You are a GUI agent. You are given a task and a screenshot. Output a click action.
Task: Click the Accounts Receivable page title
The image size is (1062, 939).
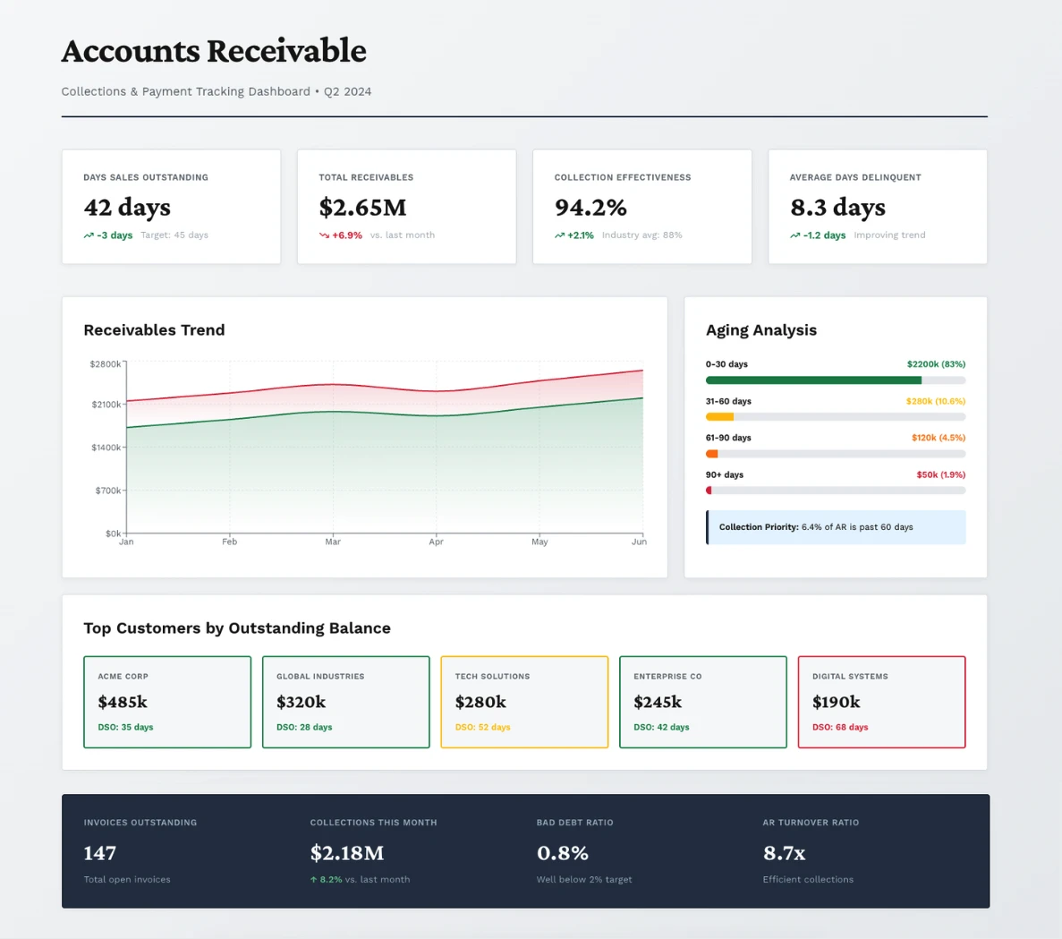coord(214,51)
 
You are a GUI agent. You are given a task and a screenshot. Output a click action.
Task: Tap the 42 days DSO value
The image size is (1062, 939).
coord(127,208)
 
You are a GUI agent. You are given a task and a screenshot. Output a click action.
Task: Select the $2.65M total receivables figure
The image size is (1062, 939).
coord(362,208)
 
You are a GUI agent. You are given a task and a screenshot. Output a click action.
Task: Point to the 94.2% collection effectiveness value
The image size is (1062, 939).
coord(590,208)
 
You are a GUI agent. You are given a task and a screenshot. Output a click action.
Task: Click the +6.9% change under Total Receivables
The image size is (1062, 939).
coord(346,235)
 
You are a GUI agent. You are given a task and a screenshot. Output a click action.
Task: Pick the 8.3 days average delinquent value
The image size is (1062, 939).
coord(837,208)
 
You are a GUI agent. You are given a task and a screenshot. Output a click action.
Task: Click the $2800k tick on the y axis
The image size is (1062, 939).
coord(105,364)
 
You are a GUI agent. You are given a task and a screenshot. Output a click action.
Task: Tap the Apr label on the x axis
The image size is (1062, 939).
coord(436,542)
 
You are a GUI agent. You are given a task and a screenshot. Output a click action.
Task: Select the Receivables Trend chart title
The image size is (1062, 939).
coord(154,330)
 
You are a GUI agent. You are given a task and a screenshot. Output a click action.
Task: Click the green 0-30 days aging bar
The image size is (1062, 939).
coord(813,380)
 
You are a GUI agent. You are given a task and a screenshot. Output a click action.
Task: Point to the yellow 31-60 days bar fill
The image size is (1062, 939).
coord(719,417)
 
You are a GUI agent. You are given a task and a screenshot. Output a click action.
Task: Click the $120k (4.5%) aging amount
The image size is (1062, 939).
coord(938,438)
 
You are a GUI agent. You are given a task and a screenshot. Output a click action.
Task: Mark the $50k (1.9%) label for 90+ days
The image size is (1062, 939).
coord(940,475)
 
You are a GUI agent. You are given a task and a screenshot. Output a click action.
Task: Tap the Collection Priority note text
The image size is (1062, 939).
coord(816,527)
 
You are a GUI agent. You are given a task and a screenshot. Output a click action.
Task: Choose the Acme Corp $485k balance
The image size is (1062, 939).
coord(123,702)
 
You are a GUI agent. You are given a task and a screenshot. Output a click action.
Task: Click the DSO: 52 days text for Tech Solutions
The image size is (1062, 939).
coord(482,728)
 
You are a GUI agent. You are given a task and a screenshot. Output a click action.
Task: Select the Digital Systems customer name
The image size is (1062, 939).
coord(850,677)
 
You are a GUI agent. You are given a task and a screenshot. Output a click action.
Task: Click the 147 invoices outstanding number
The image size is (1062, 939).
coord(100,853)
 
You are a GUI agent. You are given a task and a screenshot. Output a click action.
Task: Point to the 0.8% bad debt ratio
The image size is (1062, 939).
coord(562,853)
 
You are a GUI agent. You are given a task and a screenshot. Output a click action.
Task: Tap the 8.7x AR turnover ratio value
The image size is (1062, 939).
coord(784,853)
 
